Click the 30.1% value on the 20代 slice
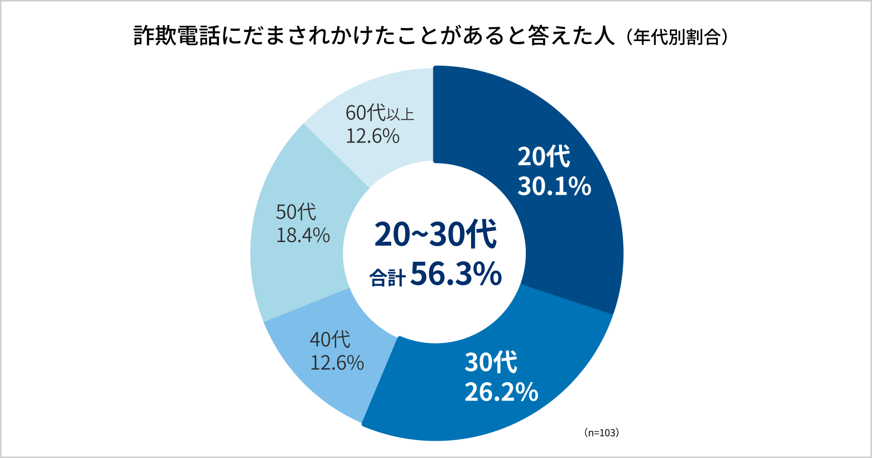(554, 186)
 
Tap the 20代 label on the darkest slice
(544, 157)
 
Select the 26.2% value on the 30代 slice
(501, 392)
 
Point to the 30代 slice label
(491, 362)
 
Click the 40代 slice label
(330, 340)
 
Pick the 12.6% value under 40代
(337, 363)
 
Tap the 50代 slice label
(296, 212)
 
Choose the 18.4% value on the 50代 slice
(303, 235)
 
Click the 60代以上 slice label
(380, 113)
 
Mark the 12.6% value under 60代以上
(372, 136)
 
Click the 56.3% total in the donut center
(456, 274)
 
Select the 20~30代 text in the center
(435, 235)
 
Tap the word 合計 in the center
(387, 278)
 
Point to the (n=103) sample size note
(601, 433)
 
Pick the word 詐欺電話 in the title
(177, 36)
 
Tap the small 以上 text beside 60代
(400, 114)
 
